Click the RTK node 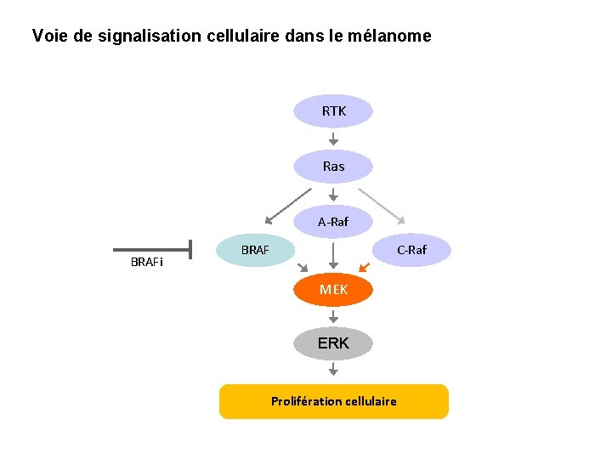(333, 110)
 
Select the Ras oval (333, 167)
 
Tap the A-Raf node (333, 222)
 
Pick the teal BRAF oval (255, 250)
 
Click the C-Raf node (412, 250)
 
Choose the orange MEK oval (333, 290)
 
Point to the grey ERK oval (333, 343)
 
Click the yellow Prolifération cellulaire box (333, 401)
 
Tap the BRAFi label (147, 262)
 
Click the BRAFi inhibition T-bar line (153, 250)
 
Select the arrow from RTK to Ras (333, 138)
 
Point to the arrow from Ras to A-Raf (333, 194)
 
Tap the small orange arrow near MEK (364, 267)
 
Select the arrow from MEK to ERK (333, 316)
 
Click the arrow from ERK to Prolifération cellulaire (333, 369)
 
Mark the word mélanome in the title (394, 37)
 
